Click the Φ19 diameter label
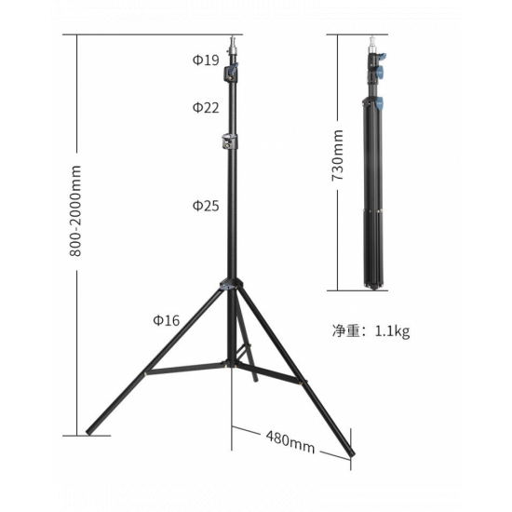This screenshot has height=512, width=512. (206, 61)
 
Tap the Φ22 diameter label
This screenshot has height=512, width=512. (206, 107)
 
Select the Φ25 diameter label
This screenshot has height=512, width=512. (206, 205)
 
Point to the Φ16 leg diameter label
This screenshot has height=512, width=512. (167, 320)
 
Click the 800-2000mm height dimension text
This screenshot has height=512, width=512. (76, 211)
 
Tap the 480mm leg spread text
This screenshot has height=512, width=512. (290, 439)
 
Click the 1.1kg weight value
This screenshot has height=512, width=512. (393, 330)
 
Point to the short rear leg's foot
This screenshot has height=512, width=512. (254, 377)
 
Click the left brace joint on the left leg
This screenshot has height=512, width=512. (146, 373)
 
